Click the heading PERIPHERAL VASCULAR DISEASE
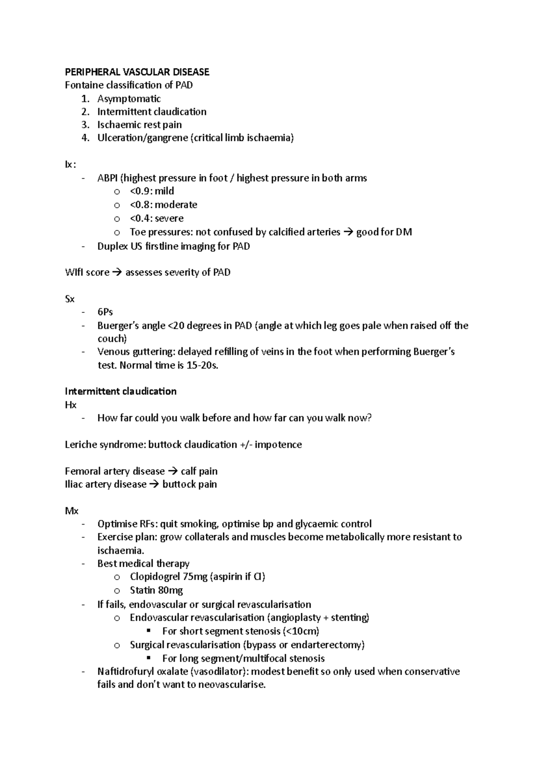tap(137, 72)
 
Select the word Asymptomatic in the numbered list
tap(129, 98)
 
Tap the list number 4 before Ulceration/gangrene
tap(85, 138)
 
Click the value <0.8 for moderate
tap(140, 205)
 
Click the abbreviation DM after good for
tap(404, 232)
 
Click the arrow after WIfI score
tap(117, 273)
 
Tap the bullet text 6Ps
tap(105, 312)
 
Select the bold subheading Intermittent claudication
tap(120, 392)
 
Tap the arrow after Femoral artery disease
tap(172, 471)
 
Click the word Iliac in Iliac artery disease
tap(73, 484)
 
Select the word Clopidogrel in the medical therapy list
tap(152, 577)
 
